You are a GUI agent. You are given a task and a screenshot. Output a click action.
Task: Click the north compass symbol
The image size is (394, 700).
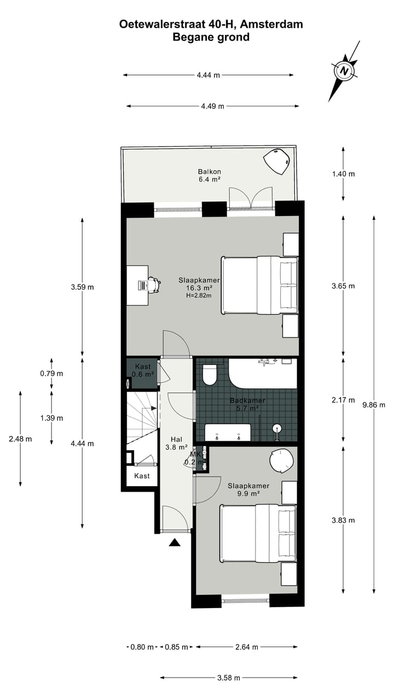343,71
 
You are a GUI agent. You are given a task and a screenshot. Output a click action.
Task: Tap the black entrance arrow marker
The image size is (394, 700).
175,542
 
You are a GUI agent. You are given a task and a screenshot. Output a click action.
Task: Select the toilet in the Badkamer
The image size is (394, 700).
210,375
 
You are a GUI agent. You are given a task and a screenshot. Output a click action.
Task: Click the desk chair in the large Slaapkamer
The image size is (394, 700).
154,284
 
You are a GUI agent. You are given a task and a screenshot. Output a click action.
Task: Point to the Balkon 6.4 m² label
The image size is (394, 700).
209,175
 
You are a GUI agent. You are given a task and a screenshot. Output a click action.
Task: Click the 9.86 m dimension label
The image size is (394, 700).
374,405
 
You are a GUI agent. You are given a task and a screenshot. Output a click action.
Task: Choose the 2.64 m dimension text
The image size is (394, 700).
246,647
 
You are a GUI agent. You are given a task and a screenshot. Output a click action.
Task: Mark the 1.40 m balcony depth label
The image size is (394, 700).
343,174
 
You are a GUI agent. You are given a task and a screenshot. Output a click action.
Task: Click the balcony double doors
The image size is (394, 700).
251,199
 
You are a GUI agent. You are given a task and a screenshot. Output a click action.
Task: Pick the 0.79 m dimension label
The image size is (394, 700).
51,374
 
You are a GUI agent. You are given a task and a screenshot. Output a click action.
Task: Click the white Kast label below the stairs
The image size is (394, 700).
142,476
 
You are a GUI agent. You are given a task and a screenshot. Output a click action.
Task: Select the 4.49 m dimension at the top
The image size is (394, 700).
212,106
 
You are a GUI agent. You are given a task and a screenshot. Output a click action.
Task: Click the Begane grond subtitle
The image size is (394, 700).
211,37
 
